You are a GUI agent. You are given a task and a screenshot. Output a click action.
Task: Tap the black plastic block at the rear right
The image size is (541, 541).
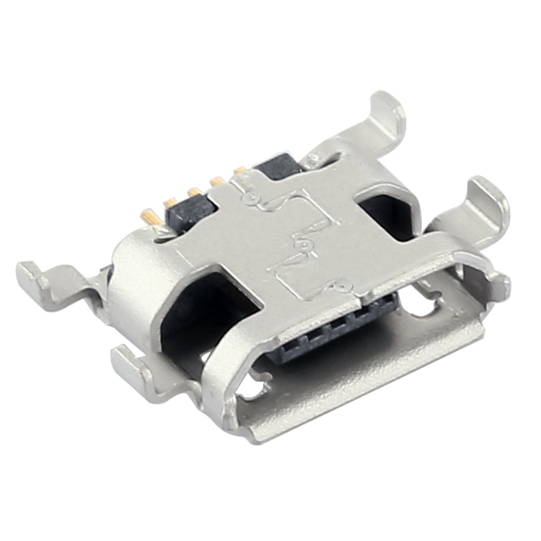tap(278, 167)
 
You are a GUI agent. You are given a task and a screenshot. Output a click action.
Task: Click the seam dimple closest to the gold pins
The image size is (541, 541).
tap(250, 195)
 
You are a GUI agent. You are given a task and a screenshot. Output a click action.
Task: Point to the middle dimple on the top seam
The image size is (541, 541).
tap(304, 245)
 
